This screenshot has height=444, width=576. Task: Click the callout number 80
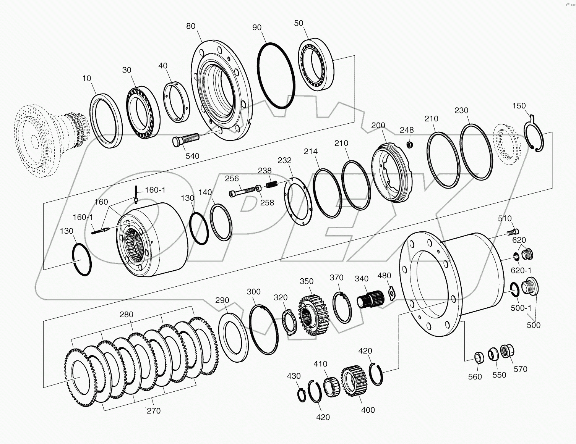190,26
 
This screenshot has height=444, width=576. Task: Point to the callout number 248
407,130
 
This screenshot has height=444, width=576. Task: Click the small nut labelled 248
410,145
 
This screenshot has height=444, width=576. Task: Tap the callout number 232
284,160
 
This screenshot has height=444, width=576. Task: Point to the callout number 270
154,411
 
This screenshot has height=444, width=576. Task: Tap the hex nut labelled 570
507,351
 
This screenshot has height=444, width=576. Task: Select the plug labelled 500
530,287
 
